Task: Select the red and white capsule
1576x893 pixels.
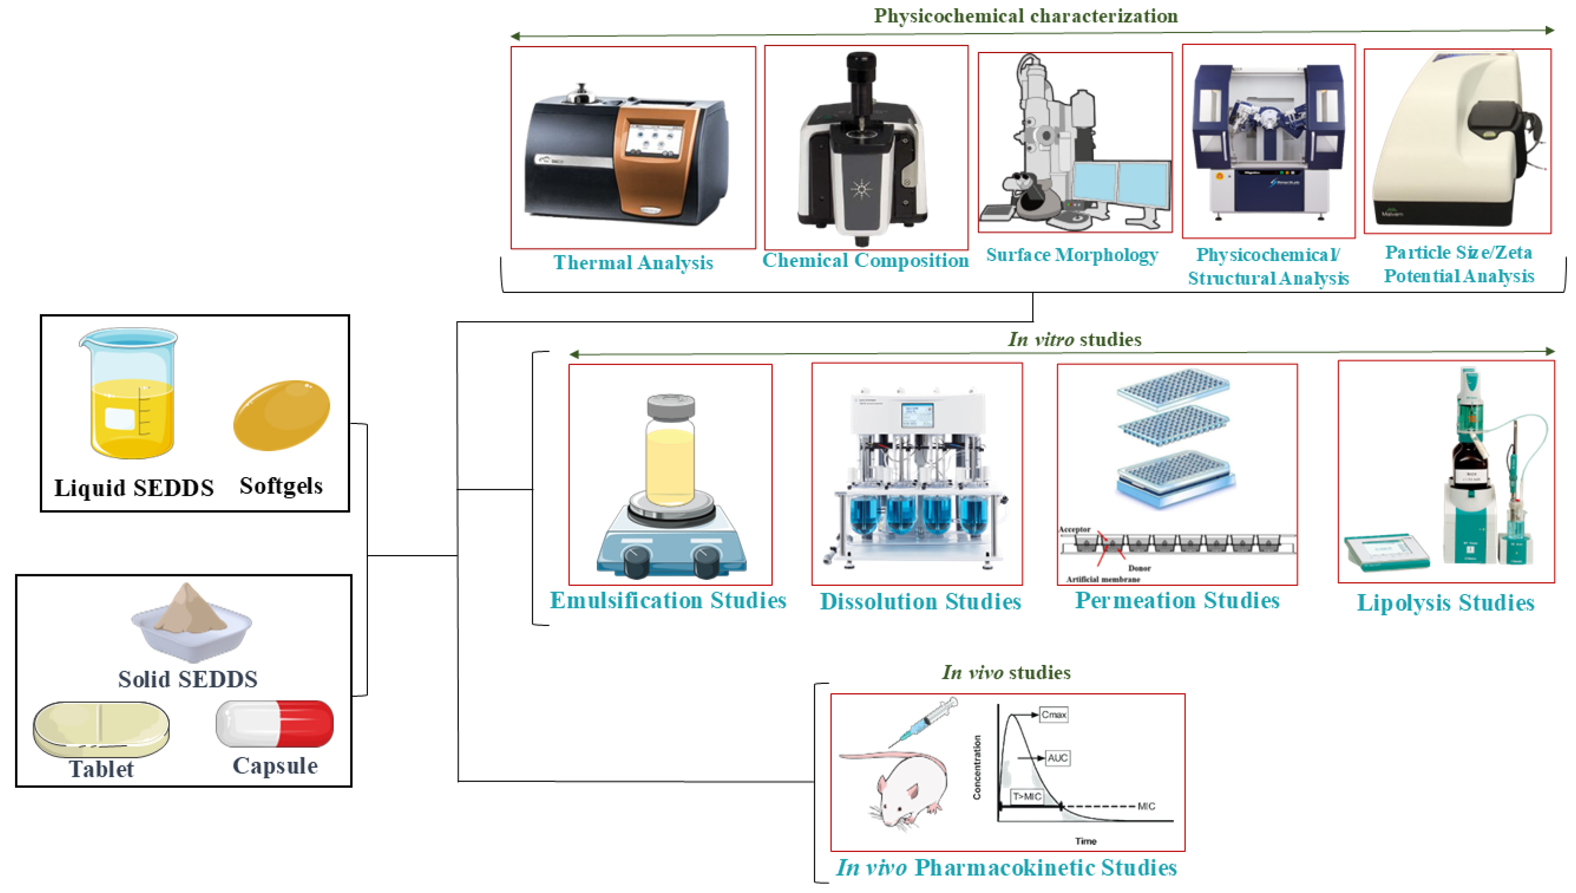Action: [274, 724]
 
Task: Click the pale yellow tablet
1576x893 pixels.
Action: [101, 729]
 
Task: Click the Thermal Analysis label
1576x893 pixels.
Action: [633, 263]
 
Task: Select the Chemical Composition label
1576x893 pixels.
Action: [865, 260]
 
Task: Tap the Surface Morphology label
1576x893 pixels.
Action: [1072, 254]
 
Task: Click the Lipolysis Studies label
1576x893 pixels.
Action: [1445, 602]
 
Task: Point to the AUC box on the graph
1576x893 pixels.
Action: [1057, 758]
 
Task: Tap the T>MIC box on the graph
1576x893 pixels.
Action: [1027, 796]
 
